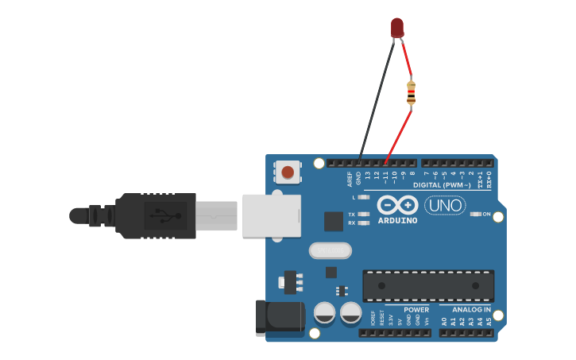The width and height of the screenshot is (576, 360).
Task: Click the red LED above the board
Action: coord(397,29)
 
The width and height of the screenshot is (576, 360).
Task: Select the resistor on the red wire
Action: coord(411,92)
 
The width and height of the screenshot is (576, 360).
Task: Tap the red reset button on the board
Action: coord(288,171)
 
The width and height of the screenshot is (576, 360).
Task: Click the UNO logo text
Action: coord(446,206)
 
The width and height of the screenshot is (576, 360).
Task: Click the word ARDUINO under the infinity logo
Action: coord(397,221)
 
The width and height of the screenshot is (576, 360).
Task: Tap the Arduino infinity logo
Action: coord(397,204)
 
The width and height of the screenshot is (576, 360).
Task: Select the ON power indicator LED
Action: coord(476,214)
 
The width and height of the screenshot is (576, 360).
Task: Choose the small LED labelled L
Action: coord(364,197)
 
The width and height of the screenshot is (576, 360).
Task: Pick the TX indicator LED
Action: coord(364,214)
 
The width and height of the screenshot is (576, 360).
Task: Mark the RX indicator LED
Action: coord(364,223)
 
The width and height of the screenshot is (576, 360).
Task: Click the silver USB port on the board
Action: coord(271,215)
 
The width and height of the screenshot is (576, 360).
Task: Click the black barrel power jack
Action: coord(280,318)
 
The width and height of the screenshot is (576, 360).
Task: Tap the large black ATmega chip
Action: coord(428,285)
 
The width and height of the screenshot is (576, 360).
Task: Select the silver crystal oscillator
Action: coord(330,251)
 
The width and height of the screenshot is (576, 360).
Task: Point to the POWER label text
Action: coord(416,310)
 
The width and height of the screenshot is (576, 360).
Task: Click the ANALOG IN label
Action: coord(471,310)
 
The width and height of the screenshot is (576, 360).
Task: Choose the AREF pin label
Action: coord(350,179)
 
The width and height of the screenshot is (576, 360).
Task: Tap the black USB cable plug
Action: coord(156,215)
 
